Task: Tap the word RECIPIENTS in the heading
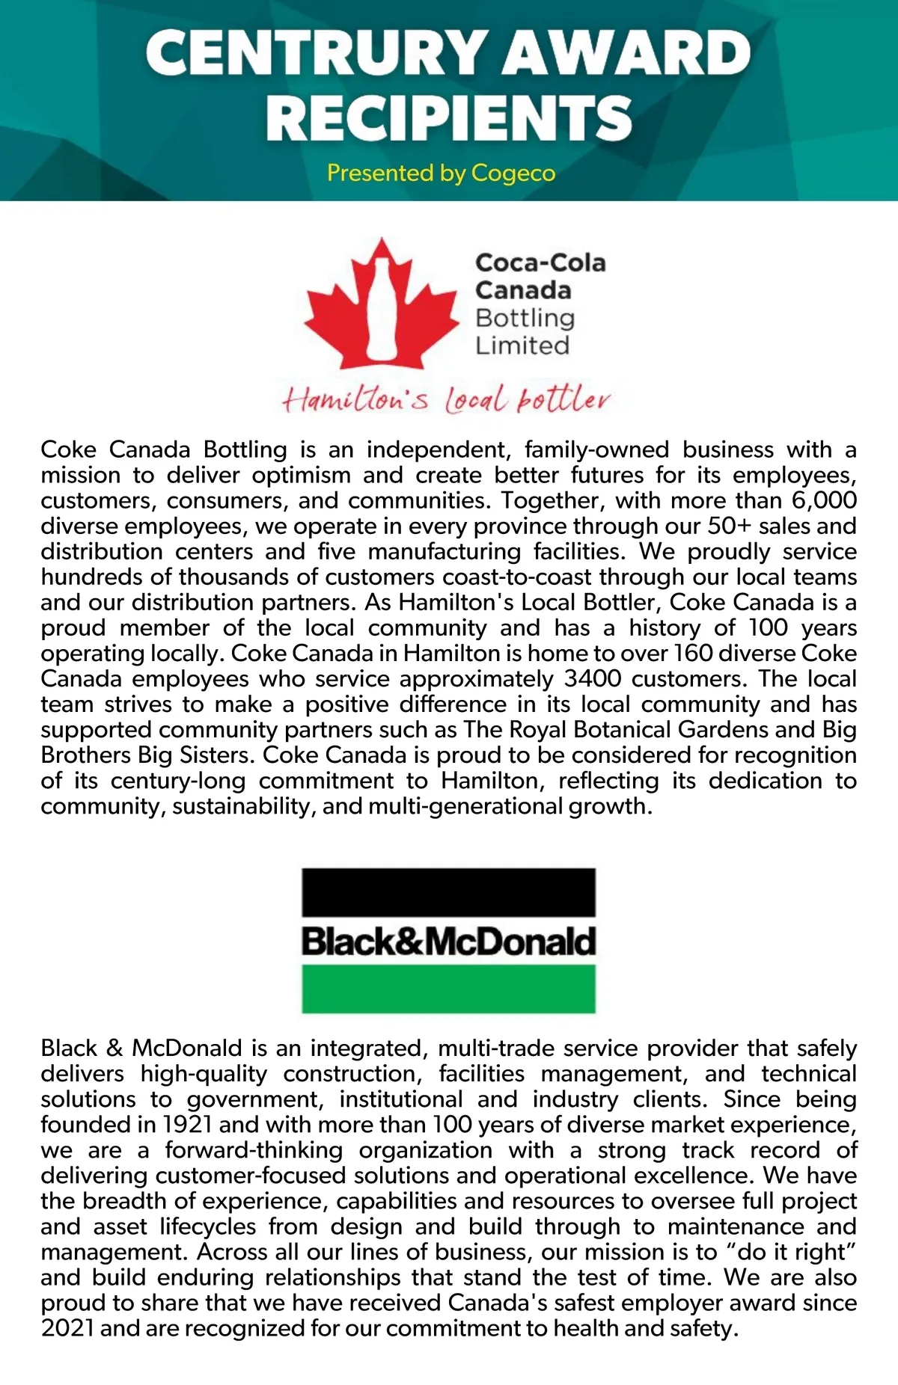click(x=449, y=118)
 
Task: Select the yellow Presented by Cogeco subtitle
click(x=441, y=173)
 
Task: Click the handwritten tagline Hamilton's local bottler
click(x=446, y=399)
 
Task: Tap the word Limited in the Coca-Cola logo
click(x=522, y=346)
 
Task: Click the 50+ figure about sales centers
click(x=730, y=526)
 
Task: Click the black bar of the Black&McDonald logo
click(x=448, y=892)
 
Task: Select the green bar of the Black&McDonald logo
click(x=448, y=989)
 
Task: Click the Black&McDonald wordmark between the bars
click(x=448, y=941)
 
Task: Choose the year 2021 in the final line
click(x=67, y=1328)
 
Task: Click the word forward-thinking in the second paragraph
click(x=254, y=1150)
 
